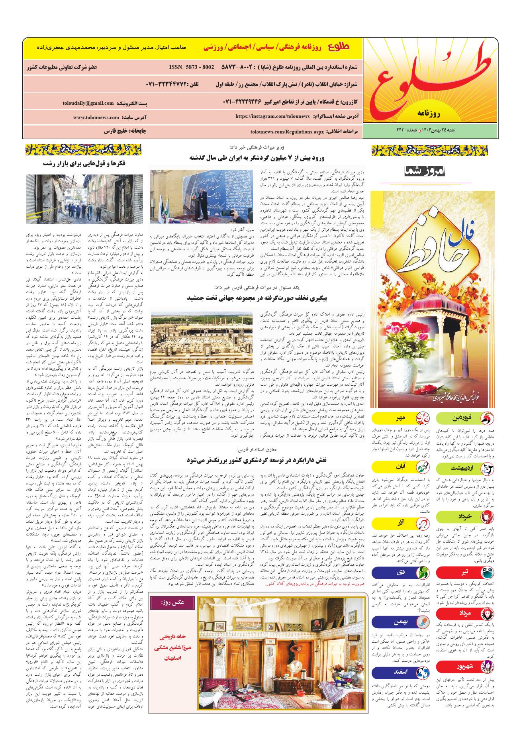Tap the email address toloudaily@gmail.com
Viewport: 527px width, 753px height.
pyautogui.click(x=88, y=103)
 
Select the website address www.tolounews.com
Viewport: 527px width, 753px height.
pyautogui.click(x=96, y=118)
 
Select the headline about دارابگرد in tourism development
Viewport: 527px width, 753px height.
pyautogui.click(x=257, y=460)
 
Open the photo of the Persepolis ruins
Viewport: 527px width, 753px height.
pyautogui.click(x=202, y=338)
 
